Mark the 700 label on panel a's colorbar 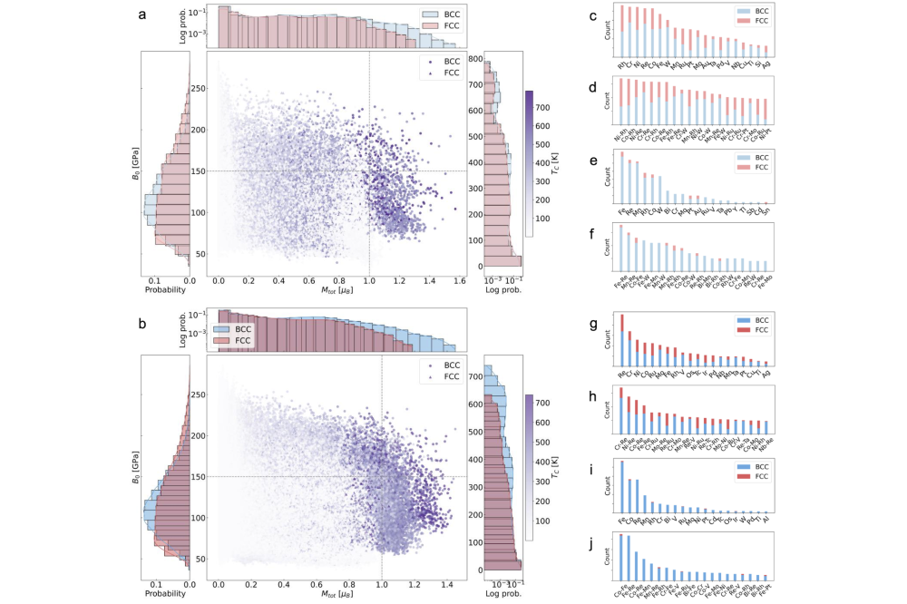tap(546, 107)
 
